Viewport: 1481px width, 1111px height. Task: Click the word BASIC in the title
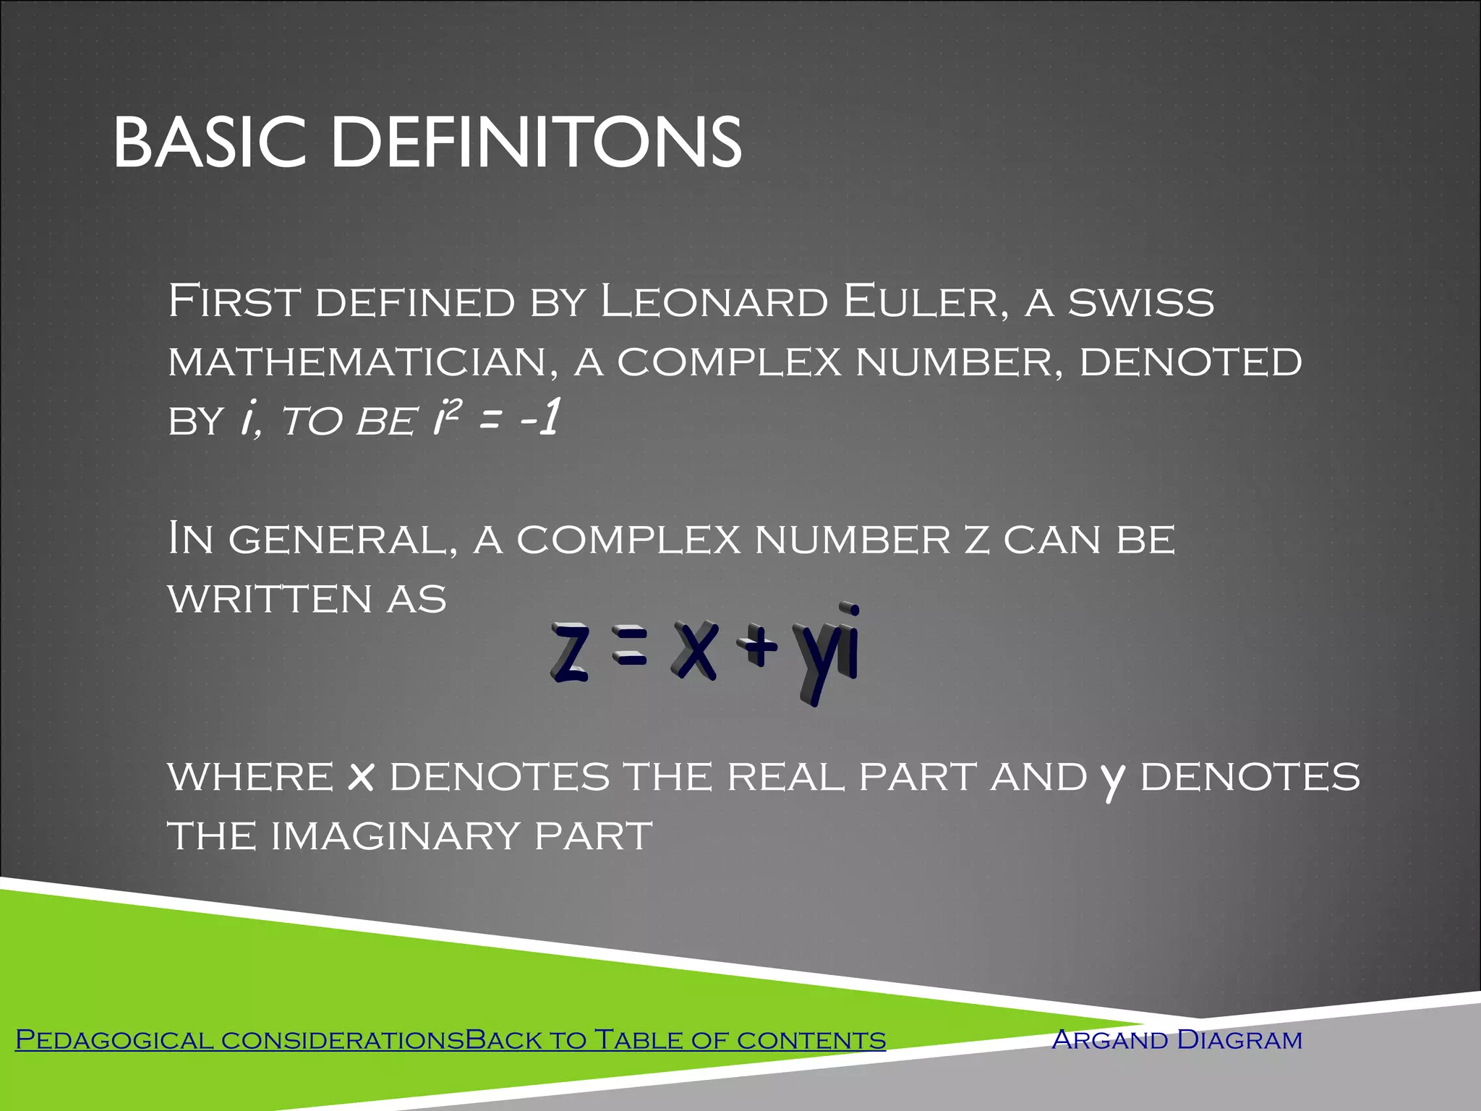pos(210,142)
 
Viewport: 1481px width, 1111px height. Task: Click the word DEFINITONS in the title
pos(536,142)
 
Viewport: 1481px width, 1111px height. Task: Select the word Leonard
pos(714,302)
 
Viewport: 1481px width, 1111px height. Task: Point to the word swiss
pos(1142,303)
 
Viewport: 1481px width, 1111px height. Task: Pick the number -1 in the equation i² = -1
pos(539,419)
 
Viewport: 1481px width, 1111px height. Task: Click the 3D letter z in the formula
pos(569,652)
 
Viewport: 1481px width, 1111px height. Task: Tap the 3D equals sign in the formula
pos(630,648)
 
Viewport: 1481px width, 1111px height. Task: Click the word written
pos(270,600)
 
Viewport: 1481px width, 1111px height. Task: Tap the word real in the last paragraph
pos(785,778)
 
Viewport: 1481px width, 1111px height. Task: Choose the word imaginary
pos(395,837)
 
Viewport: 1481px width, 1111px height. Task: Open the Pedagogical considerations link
pos(239,1040)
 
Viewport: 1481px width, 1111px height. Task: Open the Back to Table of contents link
pos(675,1040)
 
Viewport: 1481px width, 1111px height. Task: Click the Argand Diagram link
pos(1177,1040)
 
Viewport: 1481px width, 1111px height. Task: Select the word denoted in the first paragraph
pos(1190,362)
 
